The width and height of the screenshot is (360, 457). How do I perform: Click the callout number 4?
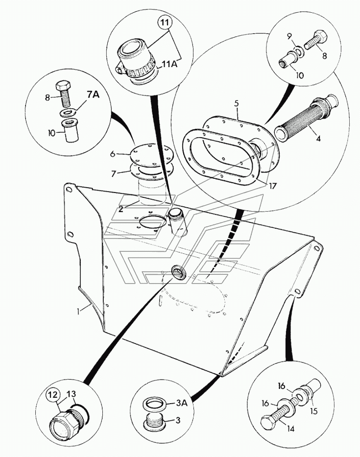[x=318, y=139]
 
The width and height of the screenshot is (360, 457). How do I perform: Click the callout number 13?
[x=71, y=393]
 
